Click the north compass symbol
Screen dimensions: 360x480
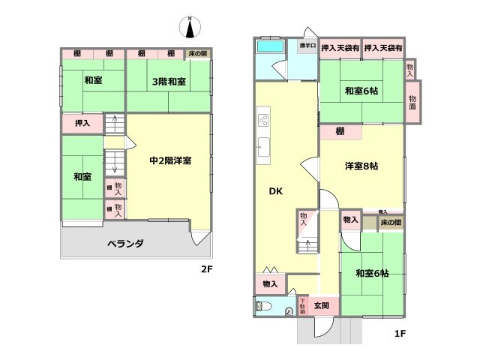190,28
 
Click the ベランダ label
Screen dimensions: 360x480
124,244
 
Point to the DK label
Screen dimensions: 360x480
276,190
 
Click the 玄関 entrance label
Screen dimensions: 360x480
322,306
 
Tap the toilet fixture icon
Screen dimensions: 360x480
262,306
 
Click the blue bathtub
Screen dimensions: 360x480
268,46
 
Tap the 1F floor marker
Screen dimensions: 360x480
400,333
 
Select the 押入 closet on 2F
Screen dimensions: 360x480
82,124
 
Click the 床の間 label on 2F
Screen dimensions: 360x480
198,54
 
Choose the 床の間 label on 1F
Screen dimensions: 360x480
390,222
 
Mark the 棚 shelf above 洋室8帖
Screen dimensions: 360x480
340,131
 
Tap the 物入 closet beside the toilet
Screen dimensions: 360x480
270,283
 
